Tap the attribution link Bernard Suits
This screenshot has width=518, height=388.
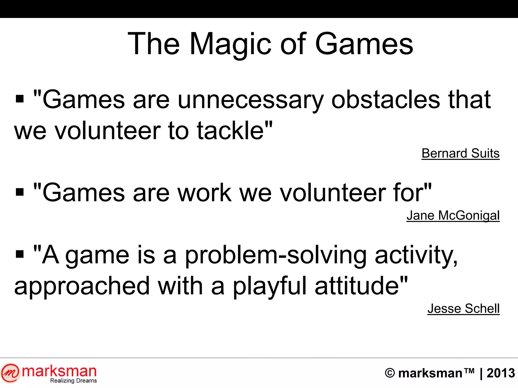click(460, 153)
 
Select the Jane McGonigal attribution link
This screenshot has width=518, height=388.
click(453, 215)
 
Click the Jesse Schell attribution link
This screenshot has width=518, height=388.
click(463, 308)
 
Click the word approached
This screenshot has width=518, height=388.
click(82, 286)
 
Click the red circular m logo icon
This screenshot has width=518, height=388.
click(10, 373)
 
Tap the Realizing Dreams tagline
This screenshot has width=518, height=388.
click(73, 381)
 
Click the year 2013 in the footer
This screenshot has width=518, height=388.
click(501, 373)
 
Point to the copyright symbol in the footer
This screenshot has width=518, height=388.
click(390, 373)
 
